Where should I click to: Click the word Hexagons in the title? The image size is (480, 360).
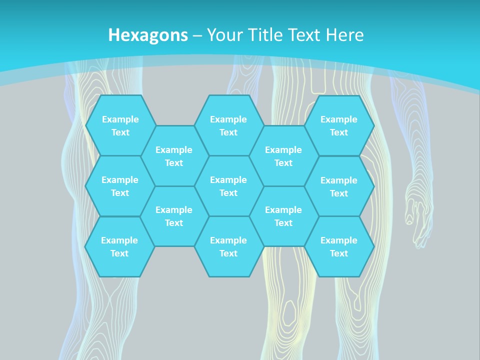[148, 35]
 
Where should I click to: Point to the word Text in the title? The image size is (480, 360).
[307, 35]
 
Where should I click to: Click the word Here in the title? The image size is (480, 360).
[344, 35]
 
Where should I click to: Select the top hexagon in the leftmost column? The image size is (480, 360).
[120, 125]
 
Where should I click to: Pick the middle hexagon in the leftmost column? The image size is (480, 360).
[120, 186]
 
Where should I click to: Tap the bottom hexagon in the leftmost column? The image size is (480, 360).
[119, 246]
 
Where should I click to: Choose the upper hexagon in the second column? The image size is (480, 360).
[174, 156]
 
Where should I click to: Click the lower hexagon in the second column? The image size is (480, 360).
[174, 216]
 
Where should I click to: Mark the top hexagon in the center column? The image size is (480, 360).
[228, 125]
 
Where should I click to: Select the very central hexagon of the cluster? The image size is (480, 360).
[228, 186]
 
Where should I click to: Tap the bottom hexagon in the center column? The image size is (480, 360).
[228, 246]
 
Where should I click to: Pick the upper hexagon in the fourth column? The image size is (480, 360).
[283, 156]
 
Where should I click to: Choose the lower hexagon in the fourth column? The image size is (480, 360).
[283, 216]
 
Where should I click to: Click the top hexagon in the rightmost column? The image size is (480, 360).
[339, 125]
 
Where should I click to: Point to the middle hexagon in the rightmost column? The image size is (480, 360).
[339, 186]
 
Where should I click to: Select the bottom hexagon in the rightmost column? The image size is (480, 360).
[339, 246]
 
